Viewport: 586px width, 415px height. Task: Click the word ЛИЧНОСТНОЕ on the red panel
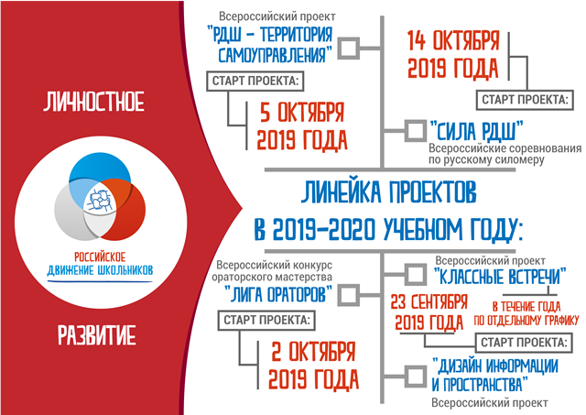click(93, 102)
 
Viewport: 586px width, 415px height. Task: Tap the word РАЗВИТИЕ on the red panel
click(97, 335)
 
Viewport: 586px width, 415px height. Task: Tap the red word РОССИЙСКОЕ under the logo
click(100, 257)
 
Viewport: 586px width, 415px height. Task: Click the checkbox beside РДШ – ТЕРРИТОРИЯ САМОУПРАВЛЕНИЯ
click(349, 49)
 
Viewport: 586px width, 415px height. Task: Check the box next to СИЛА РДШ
click(415, 130)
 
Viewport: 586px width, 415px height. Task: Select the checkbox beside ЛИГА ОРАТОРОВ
click(349, 295)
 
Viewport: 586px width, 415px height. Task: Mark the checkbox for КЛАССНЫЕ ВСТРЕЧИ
click(415, 275)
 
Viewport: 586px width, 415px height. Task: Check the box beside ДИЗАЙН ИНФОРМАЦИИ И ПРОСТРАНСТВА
click(415, 376)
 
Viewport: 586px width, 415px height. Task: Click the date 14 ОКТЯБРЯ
click(453, 40)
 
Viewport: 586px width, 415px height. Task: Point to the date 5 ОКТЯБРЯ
click(302, 112)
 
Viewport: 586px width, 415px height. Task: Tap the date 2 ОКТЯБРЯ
click(313, 352)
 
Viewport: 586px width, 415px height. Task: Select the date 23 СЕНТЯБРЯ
click(429, 302)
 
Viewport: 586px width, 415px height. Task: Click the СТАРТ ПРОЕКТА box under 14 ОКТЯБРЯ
click(525, 100)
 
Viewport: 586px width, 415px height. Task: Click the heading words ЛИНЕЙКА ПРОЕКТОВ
click(388, 192)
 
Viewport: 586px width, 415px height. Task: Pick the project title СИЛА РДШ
click(476, 131)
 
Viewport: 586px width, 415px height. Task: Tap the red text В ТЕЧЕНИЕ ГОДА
click(526, 307)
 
